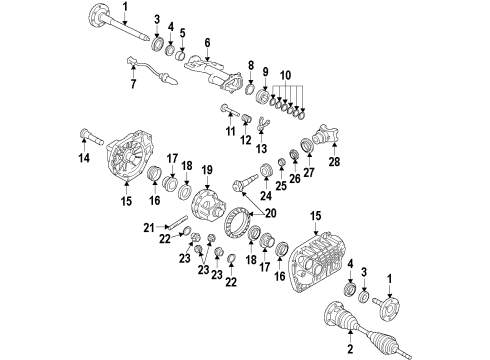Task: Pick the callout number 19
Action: tap(208, 171)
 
